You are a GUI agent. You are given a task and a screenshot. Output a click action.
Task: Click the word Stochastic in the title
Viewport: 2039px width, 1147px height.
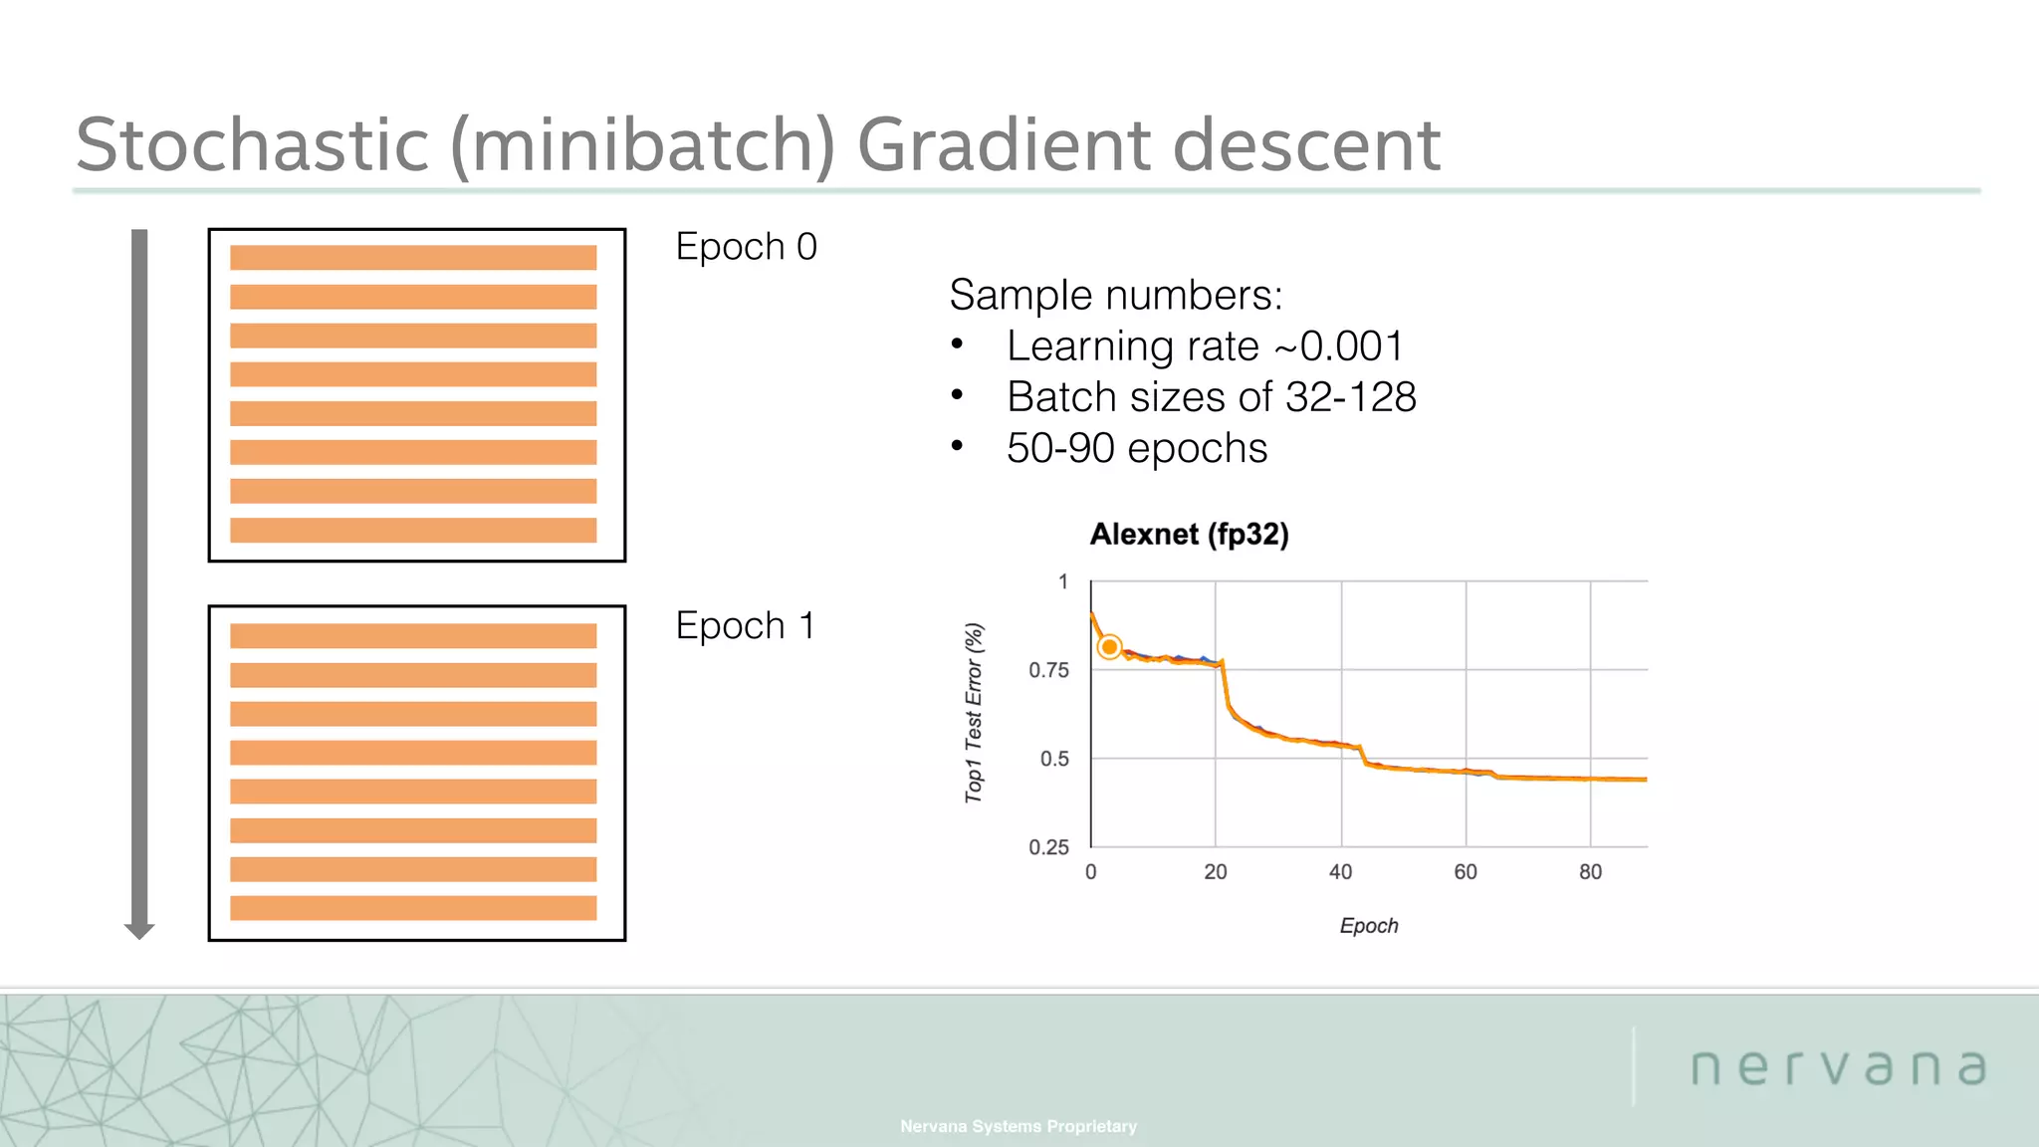click(x=252, y=145)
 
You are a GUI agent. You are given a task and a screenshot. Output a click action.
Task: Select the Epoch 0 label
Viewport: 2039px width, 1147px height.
click(x=746, y=247)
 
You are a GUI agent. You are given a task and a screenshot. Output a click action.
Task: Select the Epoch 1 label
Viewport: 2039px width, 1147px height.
click(x=745, y=626)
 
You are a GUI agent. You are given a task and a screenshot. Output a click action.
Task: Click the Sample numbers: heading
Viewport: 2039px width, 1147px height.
click(x=1115, y=295)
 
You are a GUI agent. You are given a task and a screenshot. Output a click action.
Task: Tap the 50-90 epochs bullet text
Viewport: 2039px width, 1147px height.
click(x=1136, y=449)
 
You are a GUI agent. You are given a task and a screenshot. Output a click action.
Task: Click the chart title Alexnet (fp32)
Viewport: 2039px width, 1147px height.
click(x=1189, y=535)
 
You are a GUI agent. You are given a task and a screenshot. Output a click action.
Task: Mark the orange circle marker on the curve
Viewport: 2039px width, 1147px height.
click(x=1109, y=647)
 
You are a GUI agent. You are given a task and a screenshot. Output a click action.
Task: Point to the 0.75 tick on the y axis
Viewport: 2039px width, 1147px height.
click(x=1048, y=670)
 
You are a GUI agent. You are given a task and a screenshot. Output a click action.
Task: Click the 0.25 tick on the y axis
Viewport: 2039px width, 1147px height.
click(x=1048, y=847)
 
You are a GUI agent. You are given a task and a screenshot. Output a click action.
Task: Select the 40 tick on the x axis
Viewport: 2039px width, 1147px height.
click(x=1340, y=872)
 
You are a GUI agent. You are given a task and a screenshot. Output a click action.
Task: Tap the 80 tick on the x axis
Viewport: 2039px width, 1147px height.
click(x=1590, y=872)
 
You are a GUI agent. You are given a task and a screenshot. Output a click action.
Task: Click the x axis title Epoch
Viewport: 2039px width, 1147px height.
click(x=1368, y=926)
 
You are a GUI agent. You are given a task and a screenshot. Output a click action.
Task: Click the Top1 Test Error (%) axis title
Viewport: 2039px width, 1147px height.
click(x=974, y=713)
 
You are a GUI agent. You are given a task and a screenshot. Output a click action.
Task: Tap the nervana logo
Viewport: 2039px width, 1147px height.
click(x=1838, y=1067)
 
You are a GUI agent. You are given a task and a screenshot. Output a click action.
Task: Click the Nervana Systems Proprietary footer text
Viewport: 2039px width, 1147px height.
click(x=1018, y=1126)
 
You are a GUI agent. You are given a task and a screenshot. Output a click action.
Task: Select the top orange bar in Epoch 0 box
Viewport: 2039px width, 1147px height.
click(x=413, y=258)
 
